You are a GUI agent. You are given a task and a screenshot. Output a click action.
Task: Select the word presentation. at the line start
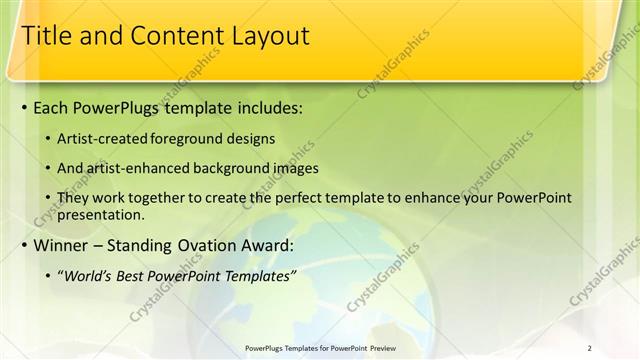tap(102, 214)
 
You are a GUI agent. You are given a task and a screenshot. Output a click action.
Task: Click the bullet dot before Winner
tap(24, 246)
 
